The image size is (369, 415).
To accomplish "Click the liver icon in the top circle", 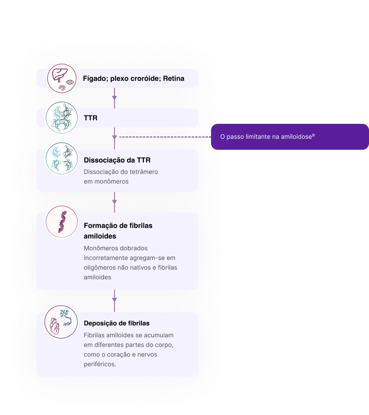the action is [60, 75].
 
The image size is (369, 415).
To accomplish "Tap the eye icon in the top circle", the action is [70, 82].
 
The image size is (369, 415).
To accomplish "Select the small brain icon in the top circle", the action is [62, 88].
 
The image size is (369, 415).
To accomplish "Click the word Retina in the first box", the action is [173, 78].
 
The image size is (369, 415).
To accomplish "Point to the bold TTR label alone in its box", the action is [90, 118].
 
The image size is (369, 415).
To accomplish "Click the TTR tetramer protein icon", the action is [61, 118].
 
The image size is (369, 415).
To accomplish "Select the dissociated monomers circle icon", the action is [61, 159].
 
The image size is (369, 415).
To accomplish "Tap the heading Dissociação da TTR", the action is [117, 160].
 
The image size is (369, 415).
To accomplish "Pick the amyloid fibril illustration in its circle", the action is [62, 222].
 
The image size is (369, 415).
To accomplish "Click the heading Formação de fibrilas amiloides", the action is [118, 231].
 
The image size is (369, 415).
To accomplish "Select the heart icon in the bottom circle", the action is [55, 326].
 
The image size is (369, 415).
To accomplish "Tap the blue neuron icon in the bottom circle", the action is [66, 318].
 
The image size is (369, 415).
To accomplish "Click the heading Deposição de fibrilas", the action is [117, 323].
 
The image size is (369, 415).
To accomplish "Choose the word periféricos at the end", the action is [100, 364].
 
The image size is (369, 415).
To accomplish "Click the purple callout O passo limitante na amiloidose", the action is [290, 137].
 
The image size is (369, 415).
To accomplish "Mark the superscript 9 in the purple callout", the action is [313, 135].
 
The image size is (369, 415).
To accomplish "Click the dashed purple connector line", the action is [165, 137].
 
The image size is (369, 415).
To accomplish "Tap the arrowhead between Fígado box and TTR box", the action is [115, 98].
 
